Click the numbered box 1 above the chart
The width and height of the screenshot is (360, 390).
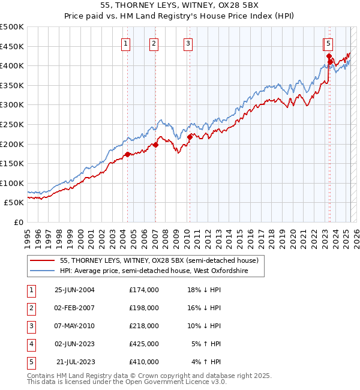[x=126, y=43]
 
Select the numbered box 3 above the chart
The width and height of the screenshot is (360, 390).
[x=188, y=43]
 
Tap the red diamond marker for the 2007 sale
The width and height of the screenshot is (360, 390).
[x=155, y=144]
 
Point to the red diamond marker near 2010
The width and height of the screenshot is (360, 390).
[x=190, y=137]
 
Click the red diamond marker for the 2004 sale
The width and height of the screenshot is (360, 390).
[x=127, y=154]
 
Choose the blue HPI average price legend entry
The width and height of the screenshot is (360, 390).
[x=162, y=271]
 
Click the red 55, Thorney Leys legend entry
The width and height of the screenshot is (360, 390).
[x=159, y=260]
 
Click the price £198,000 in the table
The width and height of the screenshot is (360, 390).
[x=144, y=308]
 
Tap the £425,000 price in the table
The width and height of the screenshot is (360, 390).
[x=144, y=344]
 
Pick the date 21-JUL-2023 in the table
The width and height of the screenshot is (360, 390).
[x=76, y=362]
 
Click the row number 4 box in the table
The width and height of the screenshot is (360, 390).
[x=31, y=344]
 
